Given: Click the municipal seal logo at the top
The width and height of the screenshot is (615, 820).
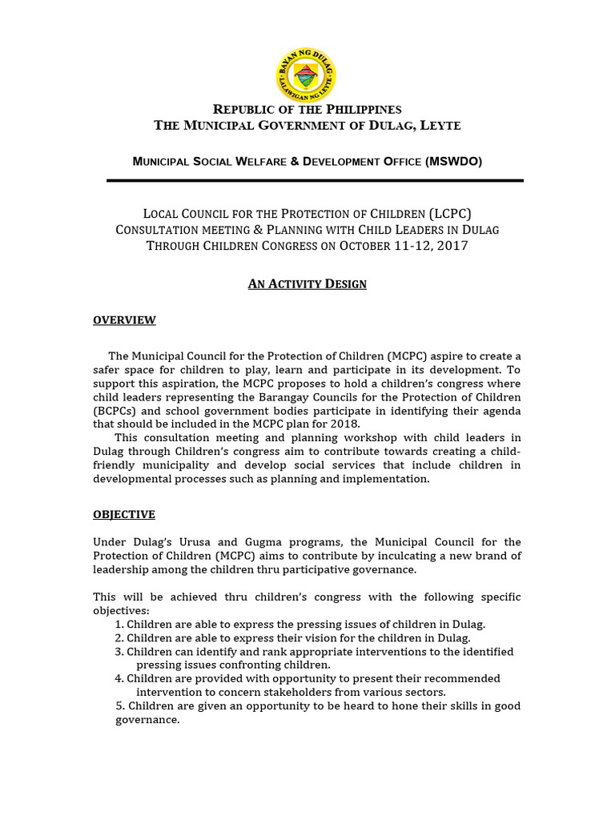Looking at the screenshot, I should click(306, 74).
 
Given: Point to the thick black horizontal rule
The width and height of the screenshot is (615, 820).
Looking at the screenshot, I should click(315, 181).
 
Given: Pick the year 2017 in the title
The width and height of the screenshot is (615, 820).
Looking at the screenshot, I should click(449, 246).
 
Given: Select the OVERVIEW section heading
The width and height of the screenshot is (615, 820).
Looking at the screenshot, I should click(124, 320).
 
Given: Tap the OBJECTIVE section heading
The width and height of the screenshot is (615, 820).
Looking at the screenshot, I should click(124, 514).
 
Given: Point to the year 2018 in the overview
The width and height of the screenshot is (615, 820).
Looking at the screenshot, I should click(345, 424).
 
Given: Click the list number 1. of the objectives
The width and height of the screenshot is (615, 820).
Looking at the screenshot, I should click(119, 624).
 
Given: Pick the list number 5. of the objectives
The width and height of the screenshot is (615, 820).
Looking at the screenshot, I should click(121, 705).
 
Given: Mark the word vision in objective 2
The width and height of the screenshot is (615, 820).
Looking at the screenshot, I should click(291, 638).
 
